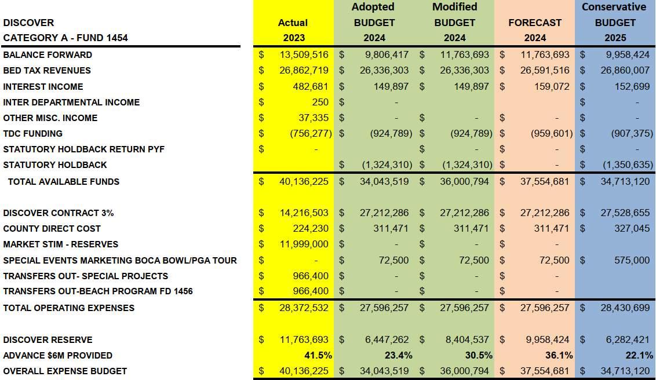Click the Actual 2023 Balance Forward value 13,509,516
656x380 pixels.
(304, 55)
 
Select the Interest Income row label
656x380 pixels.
(43, 87)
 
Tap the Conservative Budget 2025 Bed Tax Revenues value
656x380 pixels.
(625, 71)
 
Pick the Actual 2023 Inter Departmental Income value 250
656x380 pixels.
(320, 103)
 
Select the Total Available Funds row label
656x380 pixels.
(63, 182)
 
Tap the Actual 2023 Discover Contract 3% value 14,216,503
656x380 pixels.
(304, 213)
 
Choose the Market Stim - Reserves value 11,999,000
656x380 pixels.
(304, 244)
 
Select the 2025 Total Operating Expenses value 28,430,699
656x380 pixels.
(625, 308)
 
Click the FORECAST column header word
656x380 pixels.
(535, 23)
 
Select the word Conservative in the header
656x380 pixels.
(614, 7)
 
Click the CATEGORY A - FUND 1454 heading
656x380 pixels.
(65, 38)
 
